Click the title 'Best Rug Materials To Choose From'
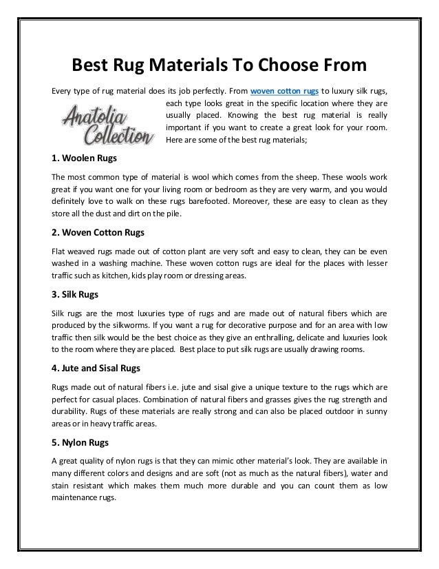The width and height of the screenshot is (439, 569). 219,66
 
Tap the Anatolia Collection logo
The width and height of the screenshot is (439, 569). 107,125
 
